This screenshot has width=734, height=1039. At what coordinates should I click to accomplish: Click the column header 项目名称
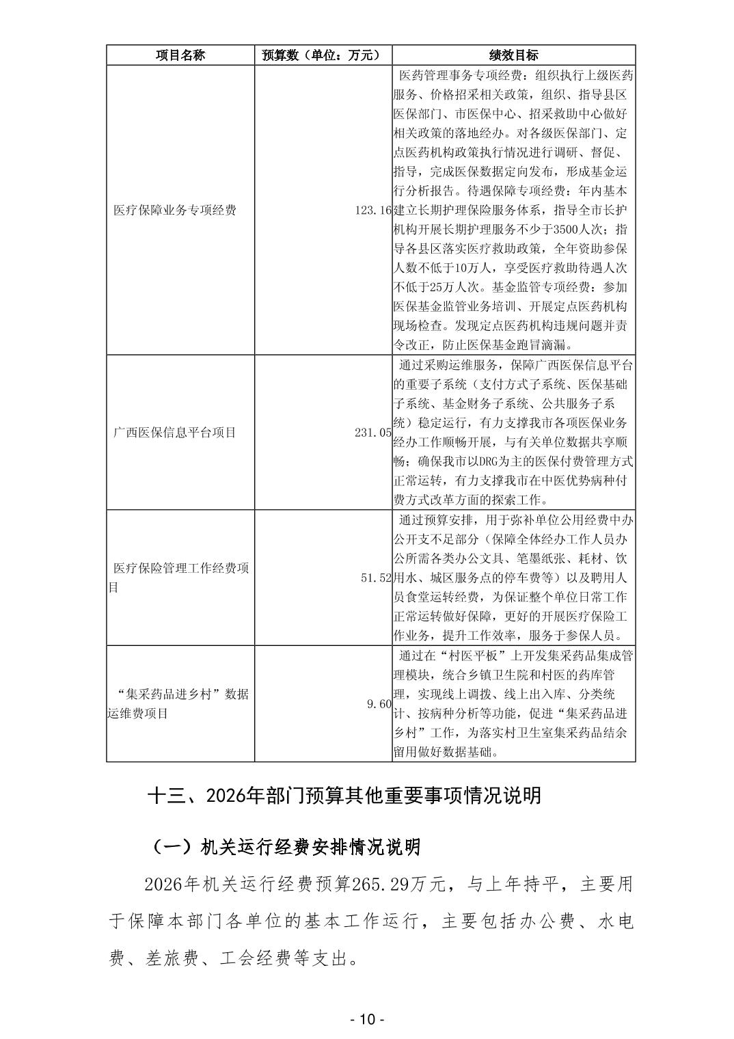tap(180, 55)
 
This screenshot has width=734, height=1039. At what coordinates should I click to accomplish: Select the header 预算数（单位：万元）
tap(323, 55)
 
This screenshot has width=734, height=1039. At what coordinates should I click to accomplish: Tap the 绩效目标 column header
tap(513, 55)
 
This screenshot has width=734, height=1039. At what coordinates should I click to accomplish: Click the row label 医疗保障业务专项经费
tap(175, 210)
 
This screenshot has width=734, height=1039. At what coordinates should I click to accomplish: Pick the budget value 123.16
tap(373, 210)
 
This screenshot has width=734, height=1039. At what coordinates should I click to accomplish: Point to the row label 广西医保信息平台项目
tap(175, 432)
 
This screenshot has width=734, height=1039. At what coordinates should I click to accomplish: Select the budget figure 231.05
tap(373, 432)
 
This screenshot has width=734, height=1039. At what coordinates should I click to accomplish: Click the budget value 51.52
tap(376, 578)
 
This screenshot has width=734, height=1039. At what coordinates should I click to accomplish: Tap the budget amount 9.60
tap(379, 703)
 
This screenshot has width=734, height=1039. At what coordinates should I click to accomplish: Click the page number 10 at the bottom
tap(367, 1019)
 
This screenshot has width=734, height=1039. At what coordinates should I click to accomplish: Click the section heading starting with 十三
tap(344, 796)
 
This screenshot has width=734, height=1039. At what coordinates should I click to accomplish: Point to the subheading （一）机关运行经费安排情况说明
tap(285, 848)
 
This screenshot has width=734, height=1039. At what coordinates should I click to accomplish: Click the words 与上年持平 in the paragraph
tap(518, 885)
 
